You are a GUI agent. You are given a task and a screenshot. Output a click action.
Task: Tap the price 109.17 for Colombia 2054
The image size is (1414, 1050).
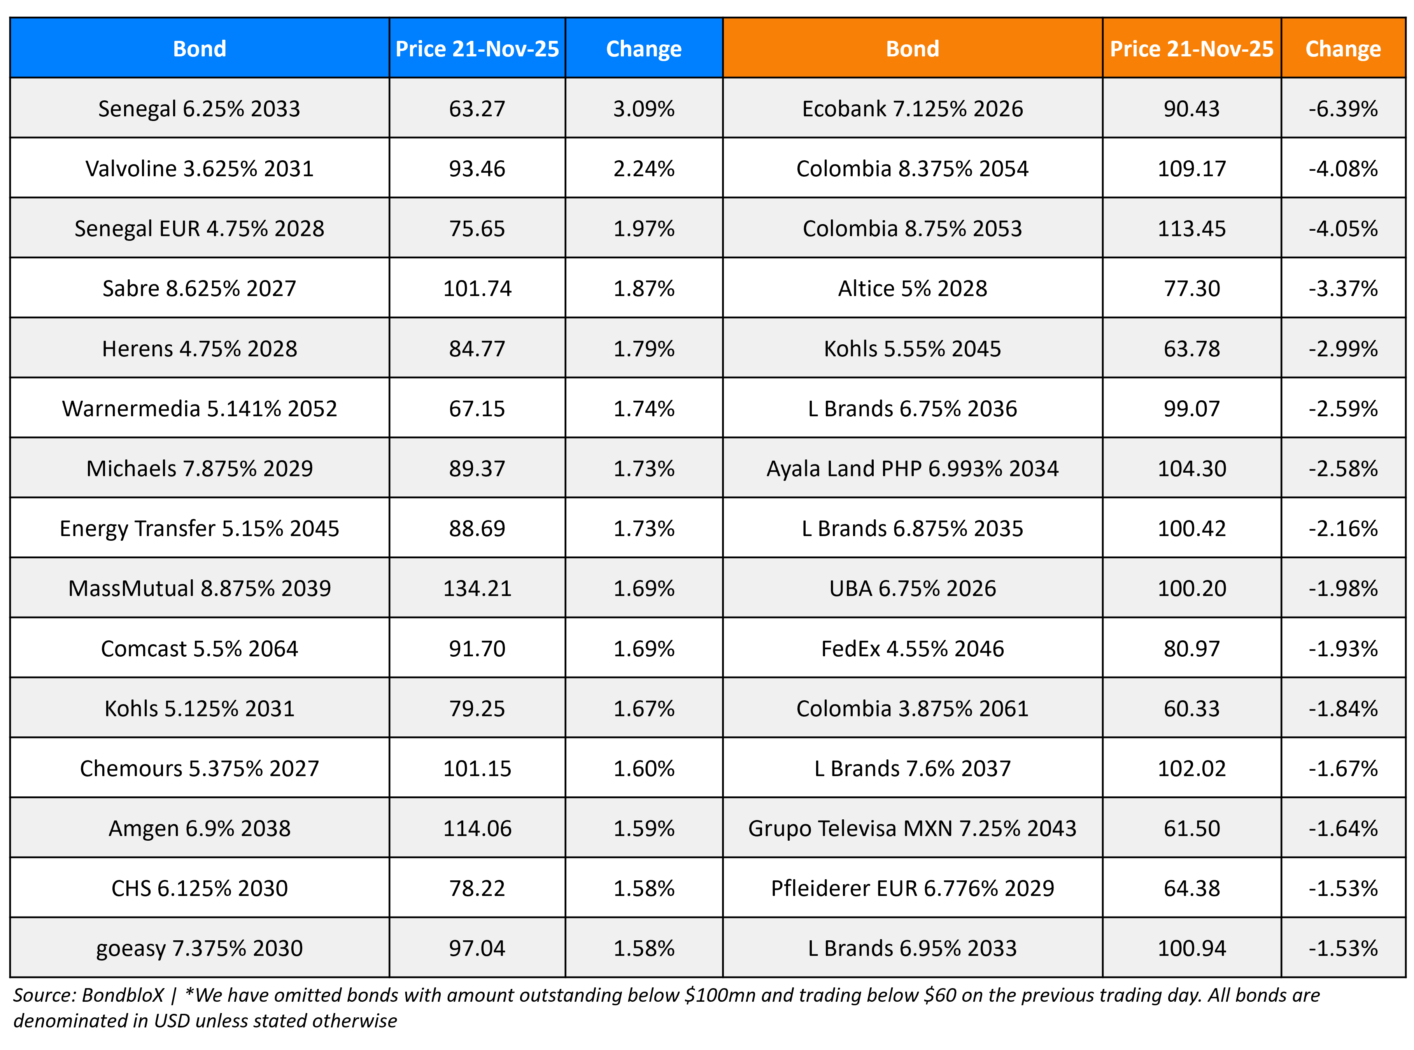(1191, 168)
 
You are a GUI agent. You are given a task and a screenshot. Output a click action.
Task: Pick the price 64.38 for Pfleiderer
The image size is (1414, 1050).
(1191, 888)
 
